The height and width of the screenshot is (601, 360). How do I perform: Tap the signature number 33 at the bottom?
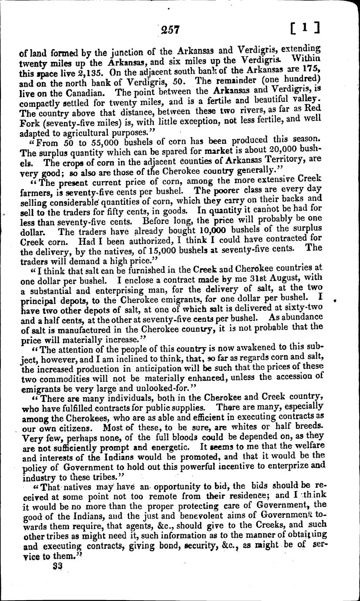[57, 566]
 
